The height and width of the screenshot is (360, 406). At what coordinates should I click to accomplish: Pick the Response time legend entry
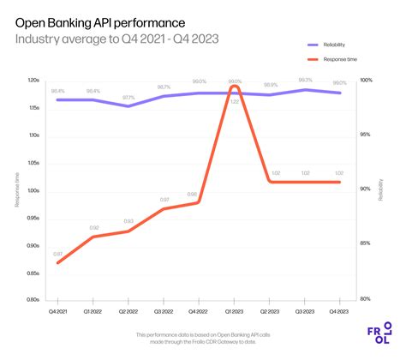[x=339, y=60]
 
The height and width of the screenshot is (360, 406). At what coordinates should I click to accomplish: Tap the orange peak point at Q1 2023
[x=235, y=87]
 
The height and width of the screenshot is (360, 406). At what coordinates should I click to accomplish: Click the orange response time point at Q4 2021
[x=57, y=262]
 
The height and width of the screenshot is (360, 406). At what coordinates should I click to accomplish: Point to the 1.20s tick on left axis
[x=35, y=81]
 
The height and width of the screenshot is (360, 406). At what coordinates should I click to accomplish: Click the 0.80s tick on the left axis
[x=35, y=299]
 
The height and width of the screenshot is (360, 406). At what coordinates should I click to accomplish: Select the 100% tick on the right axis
[x=365, y=81]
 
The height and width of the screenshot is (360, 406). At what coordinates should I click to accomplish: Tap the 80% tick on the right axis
[x=364, y=299]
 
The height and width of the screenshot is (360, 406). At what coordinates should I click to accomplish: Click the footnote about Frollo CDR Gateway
[x=196, y=338]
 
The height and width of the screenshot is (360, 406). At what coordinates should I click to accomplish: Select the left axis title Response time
[x=16, y=190]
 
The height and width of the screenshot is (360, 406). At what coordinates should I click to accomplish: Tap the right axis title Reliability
[x=382, y=190]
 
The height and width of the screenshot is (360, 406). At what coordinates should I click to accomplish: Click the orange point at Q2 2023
[x=271, y=182]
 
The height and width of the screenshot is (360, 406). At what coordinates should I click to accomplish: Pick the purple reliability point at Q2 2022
[x=128, y=106]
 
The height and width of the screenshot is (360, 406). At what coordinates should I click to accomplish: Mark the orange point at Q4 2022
[x=200, y=202]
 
